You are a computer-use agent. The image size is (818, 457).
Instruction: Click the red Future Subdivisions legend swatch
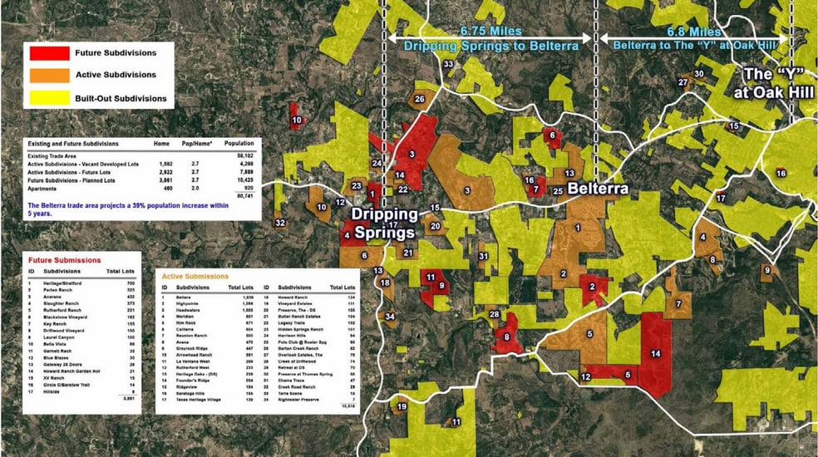click(x=49, y=53)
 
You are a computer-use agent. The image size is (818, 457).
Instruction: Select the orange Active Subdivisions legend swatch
click(x=49, y=76)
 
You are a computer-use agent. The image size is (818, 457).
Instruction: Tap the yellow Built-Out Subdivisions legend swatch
click(x=49, y=98)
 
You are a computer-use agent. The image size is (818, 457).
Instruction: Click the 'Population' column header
click(x=239, y=144)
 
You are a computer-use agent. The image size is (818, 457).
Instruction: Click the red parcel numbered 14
click(x=656, y=354)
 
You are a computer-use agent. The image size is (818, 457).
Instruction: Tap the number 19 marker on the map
click(x=402, y=407)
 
